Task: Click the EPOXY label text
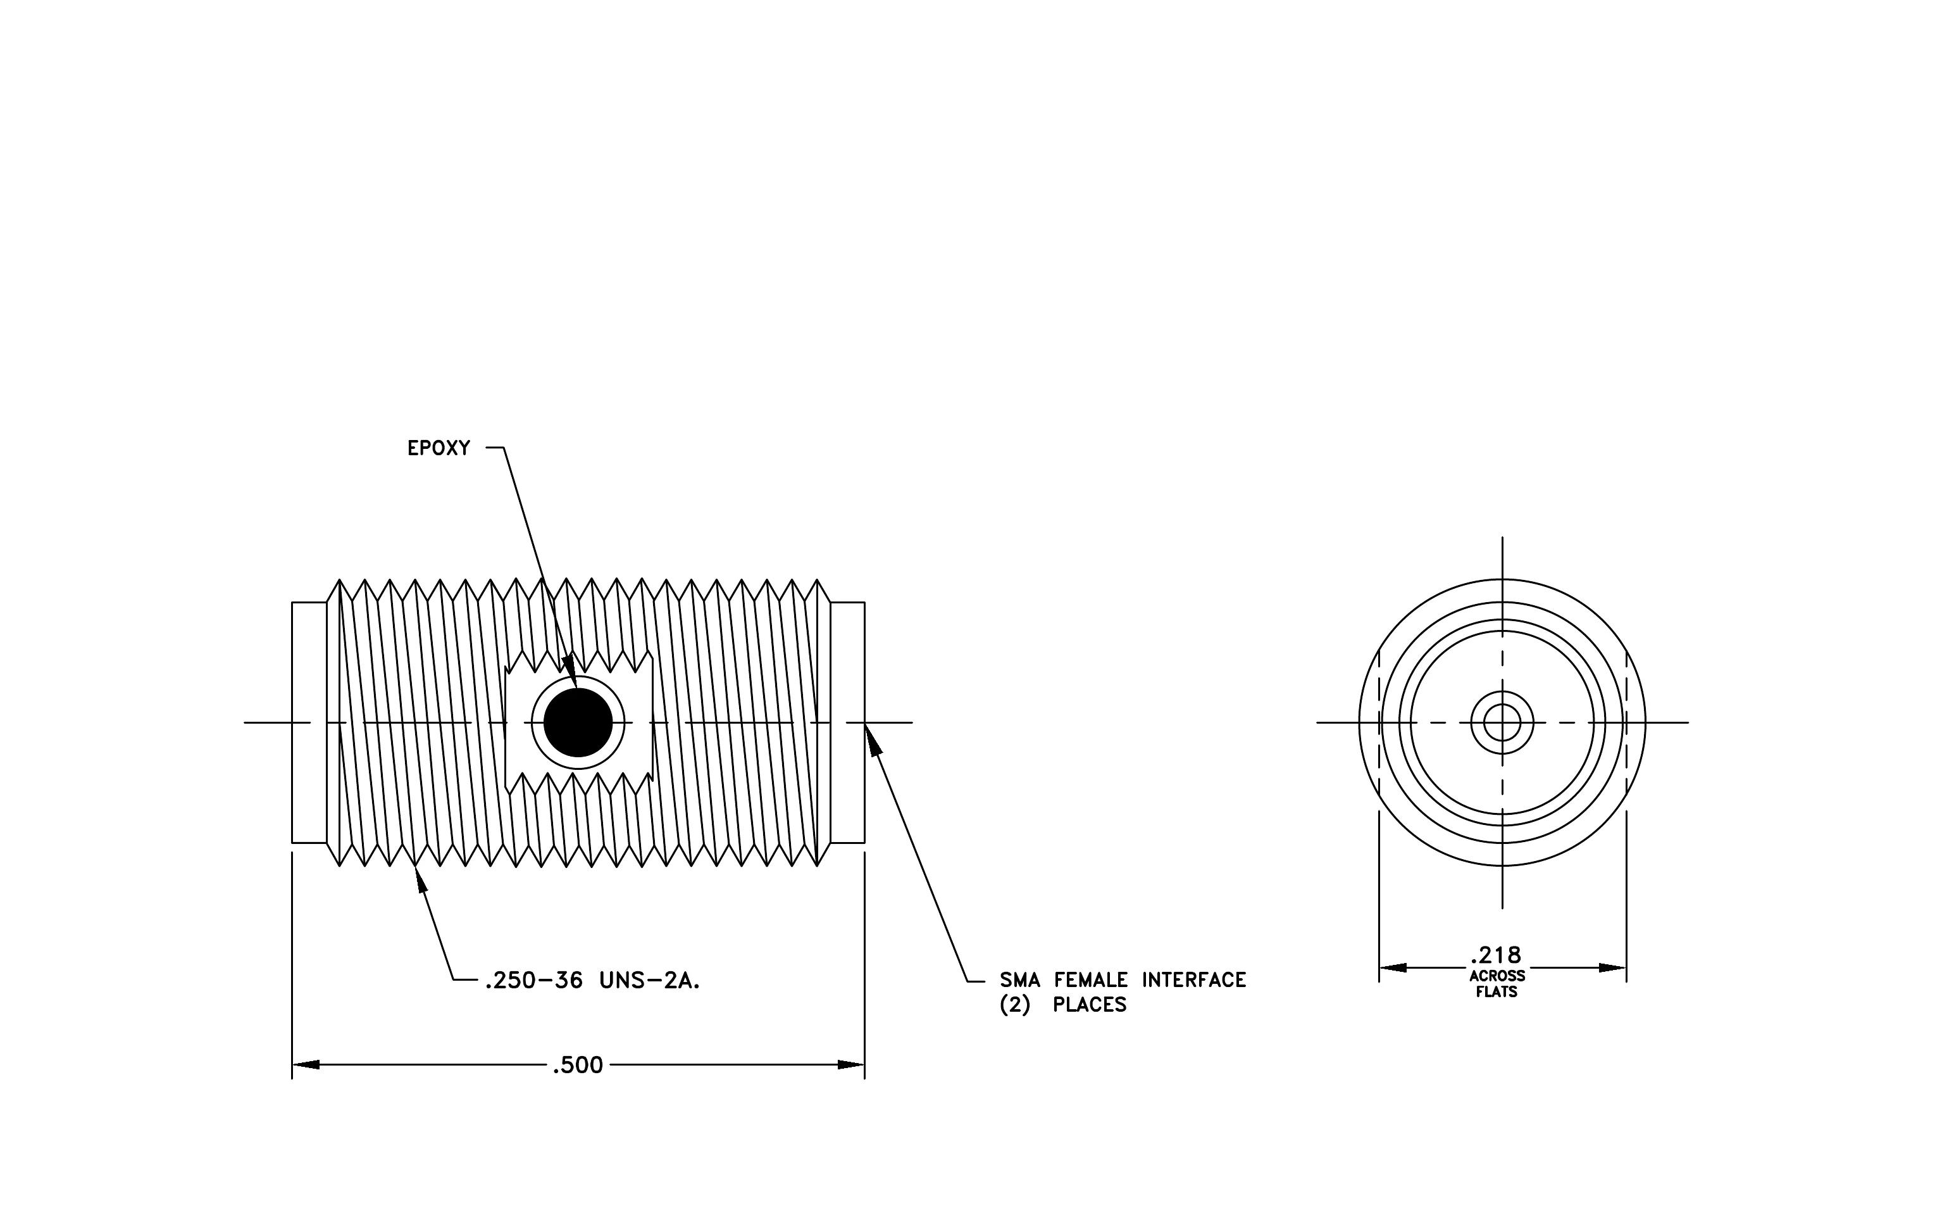coord(439,448)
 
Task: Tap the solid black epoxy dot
coord(578,723)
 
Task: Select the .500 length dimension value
coord(578,1065)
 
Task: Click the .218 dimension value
coord(1496,955)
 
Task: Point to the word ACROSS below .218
coord(1497,976)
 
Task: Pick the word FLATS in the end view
coord(1497,992)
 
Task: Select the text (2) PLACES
coord(1063,1005)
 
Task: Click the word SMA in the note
coord(1019,980)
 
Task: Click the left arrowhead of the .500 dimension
coord(306,1065)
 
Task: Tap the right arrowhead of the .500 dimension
coord(851,1065)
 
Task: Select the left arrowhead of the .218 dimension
coord(1393,967)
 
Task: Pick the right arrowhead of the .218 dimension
coord(1612,967)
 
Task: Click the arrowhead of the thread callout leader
coord(420,879)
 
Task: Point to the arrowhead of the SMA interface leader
coord(873,738)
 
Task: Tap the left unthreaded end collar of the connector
coord(309,723)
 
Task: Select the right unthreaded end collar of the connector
coord(848,723)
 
